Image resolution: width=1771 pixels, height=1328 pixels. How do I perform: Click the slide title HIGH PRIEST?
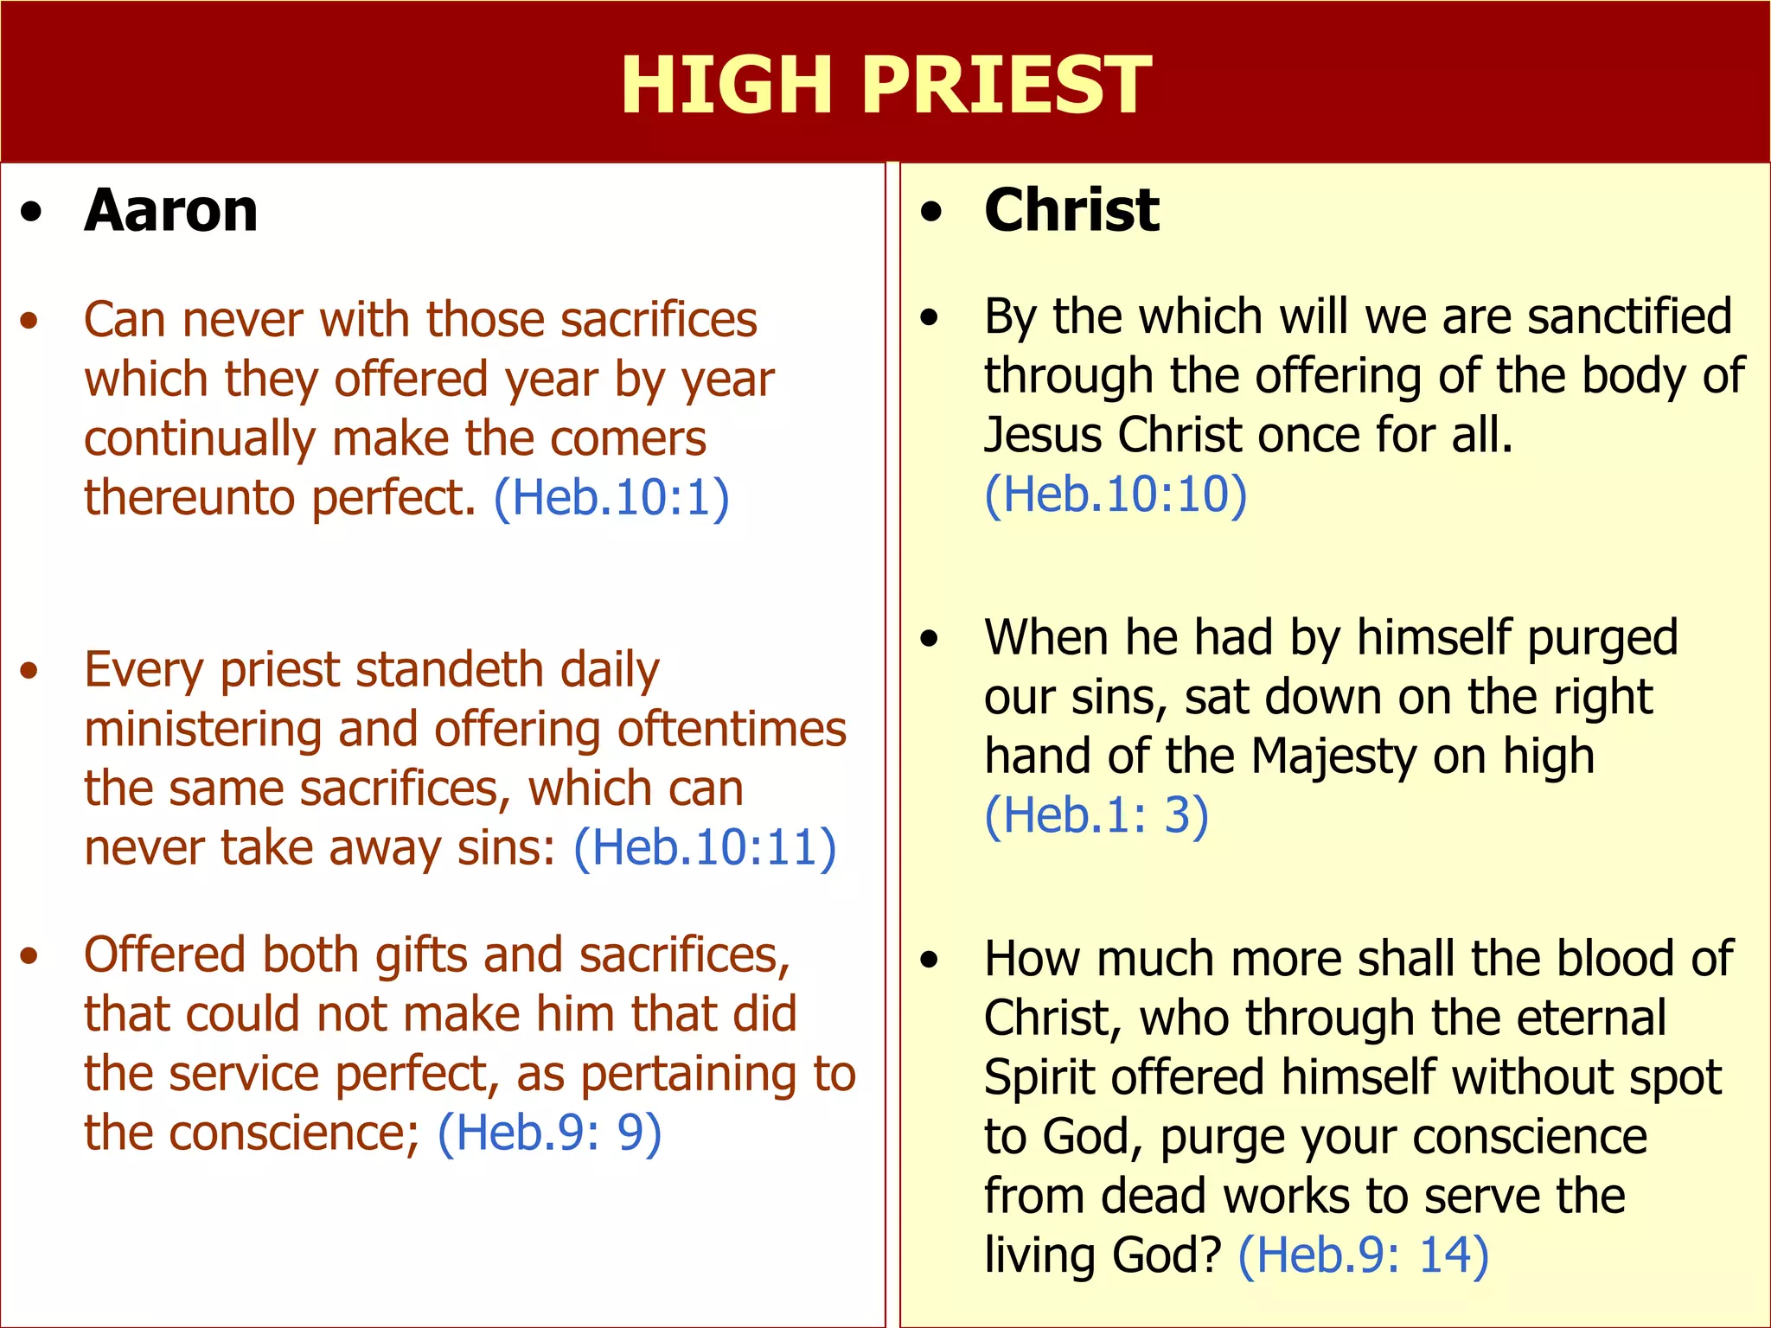click(x=885, y=84)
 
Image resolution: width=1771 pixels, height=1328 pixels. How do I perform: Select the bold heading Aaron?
click(x=171, y=210)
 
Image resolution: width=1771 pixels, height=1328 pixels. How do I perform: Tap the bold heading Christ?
click(x=1071, y=210)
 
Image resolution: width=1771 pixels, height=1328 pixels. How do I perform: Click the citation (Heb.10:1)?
click(x=611, y=497)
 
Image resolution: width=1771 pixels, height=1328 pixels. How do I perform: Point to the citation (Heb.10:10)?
click(x=1116, y=495)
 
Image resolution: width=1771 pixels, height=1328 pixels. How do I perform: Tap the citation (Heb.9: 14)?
click(x=1364, y=1255)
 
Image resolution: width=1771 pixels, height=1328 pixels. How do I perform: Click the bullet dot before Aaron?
click(x=31, y=212)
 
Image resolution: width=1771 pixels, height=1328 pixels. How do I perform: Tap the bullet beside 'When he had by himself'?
click(x=930, y=639)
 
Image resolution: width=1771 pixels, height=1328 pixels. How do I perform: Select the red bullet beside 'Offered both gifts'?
click(x=30, y=955)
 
